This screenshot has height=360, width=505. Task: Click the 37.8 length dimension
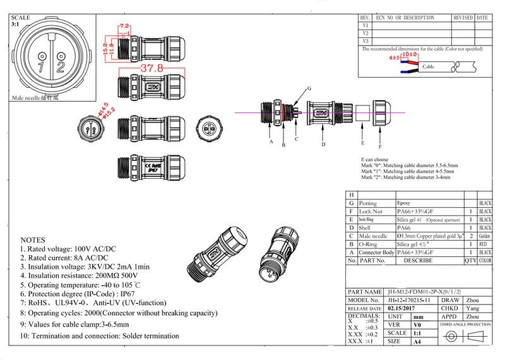(x=151, y=68)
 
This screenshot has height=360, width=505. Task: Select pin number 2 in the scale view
(x=61, y=64)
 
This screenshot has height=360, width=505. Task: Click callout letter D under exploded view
(x=323, y=145)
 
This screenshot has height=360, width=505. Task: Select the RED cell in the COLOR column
(x=485, y=244)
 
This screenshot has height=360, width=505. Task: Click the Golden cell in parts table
(x=485, y=236)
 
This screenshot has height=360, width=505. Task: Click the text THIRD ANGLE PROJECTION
(x=466, y=324)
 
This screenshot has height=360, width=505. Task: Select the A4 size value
(x=417, y=342)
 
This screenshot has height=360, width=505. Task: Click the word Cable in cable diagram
(x=428, y=66)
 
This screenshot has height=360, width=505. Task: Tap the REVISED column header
(x=463, y=18)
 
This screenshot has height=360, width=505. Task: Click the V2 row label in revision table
(x=365, y=33)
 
